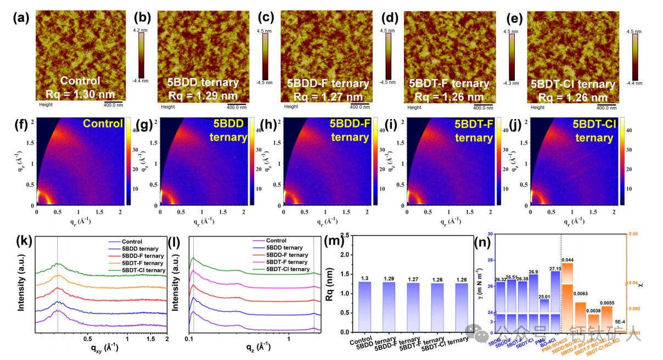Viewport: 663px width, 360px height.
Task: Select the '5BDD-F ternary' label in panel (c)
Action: (328, 83)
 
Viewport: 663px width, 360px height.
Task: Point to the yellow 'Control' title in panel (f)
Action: (103, 124)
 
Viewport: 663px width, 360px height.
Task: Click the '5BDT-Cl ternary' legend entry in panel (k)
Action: (137, 270)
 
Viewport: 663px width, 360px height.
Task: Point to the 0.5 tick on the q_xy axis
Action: (87, 340)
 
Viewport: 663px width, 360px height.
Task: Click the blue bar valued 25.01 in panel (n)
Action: (544, 316)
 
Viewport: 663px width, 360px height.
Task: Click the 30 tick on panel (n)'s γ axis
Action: (490, 234)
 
